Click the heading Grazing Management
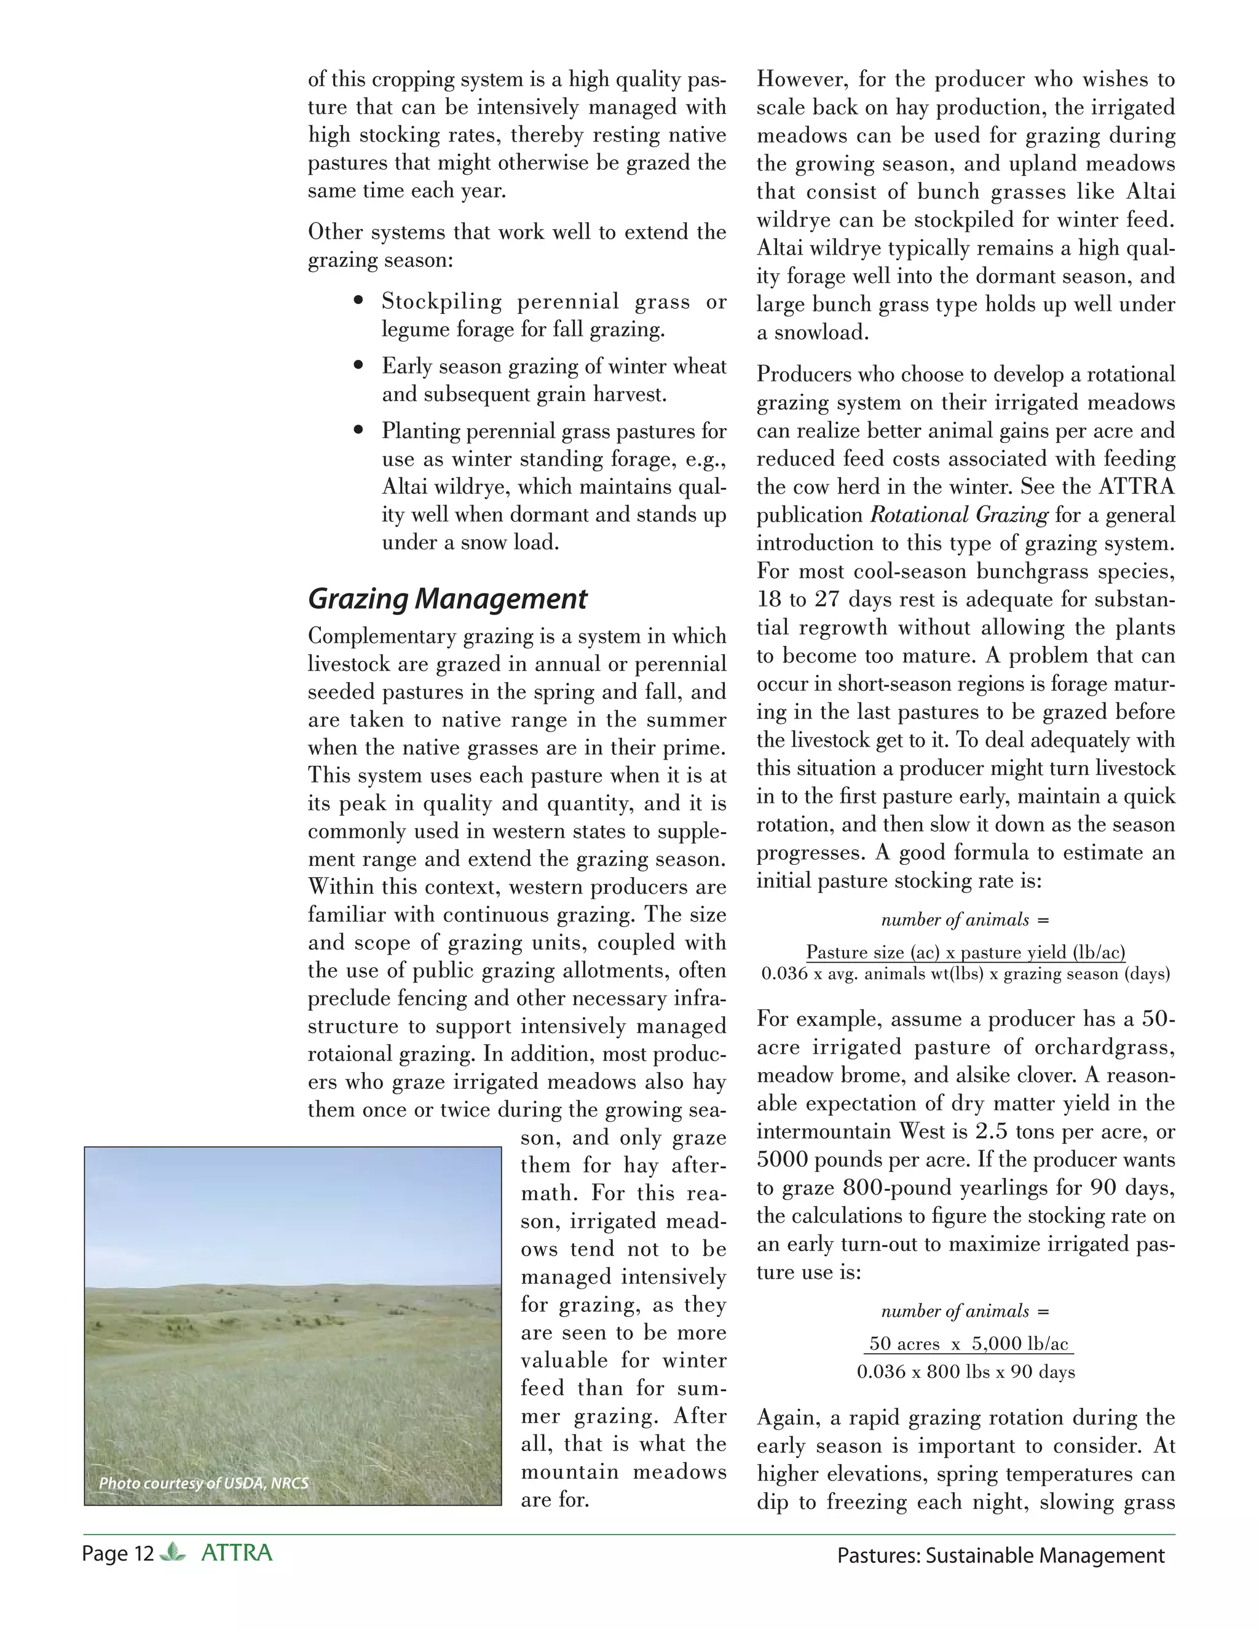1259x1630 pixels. (447, 598)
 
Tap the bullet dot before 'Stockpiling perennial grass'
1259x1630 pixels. (360, 301)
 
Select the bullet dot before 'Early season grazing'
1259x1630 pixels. (360, 366)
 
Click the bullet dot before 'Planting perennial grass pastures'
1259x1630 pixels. (360, 431)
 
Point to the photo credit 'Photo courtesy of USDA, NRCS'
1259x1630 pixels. (203, 1483)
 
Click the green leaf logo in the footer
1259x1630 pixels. (173, 1553)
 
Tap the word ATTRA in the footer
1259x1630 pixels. (237, 1553)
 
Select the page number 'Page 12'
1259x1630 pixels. (118, 1554)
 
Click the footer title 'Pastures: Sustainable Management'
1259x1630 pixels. (1000, 1556)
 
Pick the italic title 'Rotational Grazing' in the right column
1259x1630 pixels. (959, 515)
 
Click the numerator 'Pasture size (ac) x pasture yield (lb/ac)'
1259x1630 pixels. (965, 952)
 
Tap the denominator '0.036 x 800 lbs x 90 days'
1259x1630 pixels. (966, 1372)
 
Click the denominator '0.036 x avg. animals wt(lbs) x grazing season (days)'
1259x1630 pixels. (965, 974)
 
